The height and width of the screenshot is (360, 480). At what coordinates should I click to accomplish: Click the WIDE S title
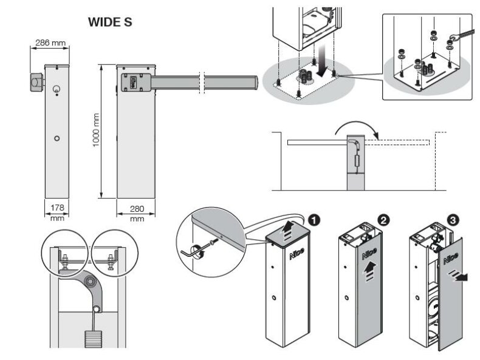pos(110,22)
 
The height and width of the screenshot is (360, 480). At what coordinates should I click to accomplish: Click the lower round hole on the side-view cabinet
pos(57,138)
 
